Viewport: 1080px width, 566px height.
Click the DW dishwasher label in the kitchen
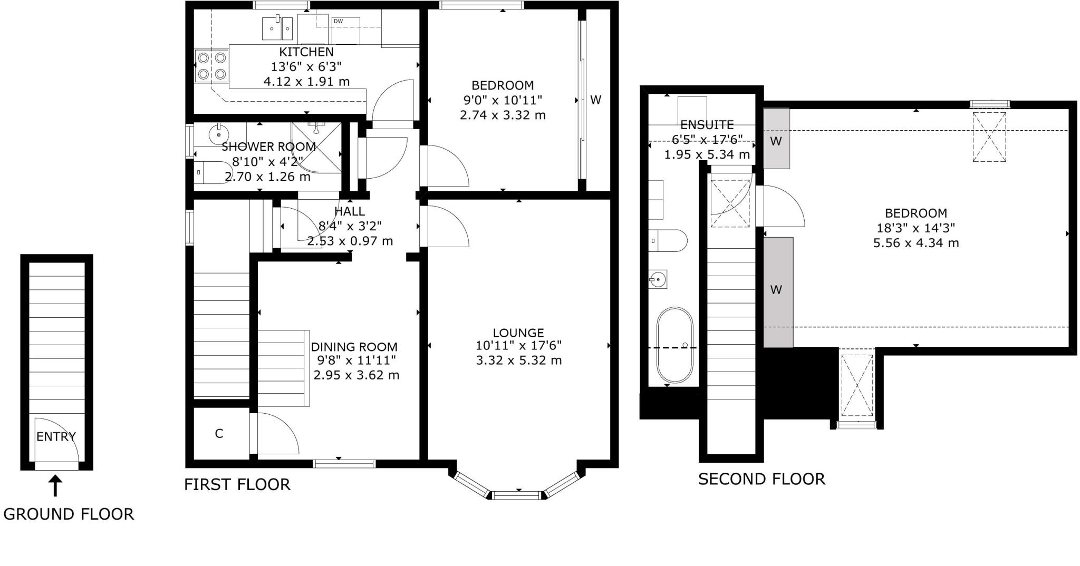point(338,21)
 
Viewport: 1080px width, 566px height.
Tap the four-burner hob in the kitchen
point(211,66)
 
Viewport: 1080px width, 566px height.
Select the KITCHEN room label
point(306,52)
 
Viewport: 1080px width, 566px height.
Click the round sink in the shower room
point(218,134)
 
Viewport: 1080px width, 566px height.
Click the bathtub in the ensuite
point(674,345)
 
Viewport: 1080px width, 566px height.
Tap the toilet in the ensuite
point(669,241)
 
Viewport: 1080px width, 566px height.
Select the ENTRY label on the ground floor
point(56,436)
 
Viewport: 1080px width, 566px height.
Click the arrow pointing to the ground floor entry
point(55,486)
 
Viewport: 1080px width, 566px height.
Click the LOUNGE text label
point(518,333)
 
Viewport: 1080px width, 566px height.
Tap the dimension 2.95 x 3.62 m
point(356,375)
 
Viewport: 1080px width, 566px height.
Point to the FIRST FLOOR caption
point(237,484)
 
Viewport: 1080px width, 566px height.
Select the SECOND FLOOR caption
point(761,479)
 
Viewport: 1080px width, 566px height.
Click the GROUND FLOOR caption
point(69,514)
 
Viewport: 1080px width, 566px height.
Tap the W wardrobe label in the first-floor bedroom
point(595,100)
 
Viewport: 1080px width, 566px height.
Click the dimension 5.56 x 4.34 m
point(916,243)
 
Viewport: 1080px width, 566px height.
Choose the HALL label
point(350,211)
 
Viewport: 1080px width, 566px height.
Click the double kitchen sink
point(277,28)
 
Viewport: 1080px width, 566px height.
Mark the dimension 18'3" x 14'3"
point(916,228)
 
